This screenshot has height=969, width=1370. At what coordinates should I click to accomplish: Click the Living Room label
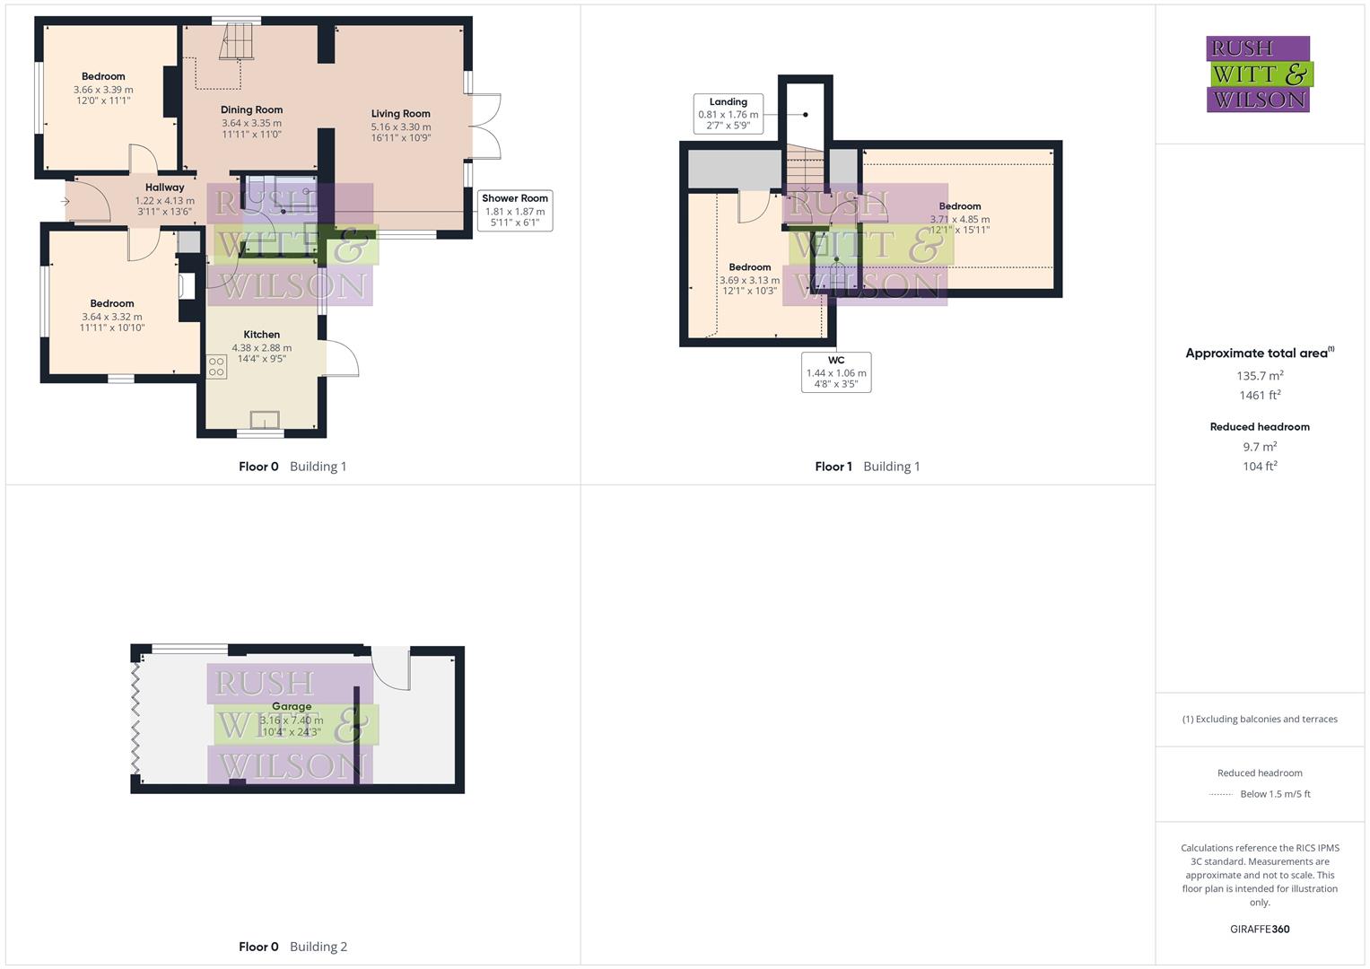[400, 114]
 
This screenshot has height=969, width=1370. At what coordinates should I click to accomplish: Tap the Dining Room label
[251, 109]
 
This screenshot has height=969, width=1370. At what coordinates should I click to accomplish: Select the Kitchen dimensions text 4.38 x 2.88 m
[261, 348]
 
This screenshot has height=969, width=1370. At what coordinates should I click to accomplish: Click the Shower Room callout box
[514, 210]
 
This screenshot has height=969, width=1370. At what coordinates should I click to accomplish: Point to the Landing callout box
[728, 114]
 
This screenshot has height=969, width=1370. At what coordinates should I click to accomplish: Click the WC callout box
[835, 372]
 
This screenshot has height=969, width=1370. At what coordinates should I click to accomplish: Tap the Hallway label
[164, 188]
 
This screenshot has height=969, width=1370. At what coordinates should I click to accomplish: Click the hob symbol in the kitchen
[216, 366]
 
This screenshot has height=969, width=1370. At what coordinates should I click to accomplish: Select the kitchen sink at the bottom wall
[265, 420]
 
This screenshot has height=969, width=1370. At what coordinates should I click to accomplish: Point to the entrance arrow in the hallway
[65, 202]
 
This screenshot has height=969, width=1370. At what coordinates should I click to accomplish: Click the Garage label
[291, 707]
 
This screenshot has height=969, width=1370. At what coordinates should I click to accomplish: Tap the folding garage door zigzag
[136, 718]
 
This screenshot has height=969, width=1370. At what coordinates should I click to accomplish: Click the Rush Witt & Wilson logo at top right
[1258, 74]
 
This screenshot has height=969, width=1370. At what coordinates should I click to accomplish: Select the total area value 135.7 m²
[1260, 376]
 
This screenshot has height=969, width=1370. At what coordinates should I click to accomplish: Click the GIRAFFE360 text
[1260, 930]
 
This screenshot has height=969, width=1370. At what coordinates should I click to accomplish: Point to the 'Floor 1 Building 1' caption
[867, 467]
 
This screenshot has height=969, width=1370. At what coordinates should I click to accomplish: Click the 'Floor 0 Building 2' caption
[292, 947]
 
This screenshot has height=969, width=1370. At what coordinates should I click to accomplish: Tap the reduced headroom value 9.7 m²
[1260, 447]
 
